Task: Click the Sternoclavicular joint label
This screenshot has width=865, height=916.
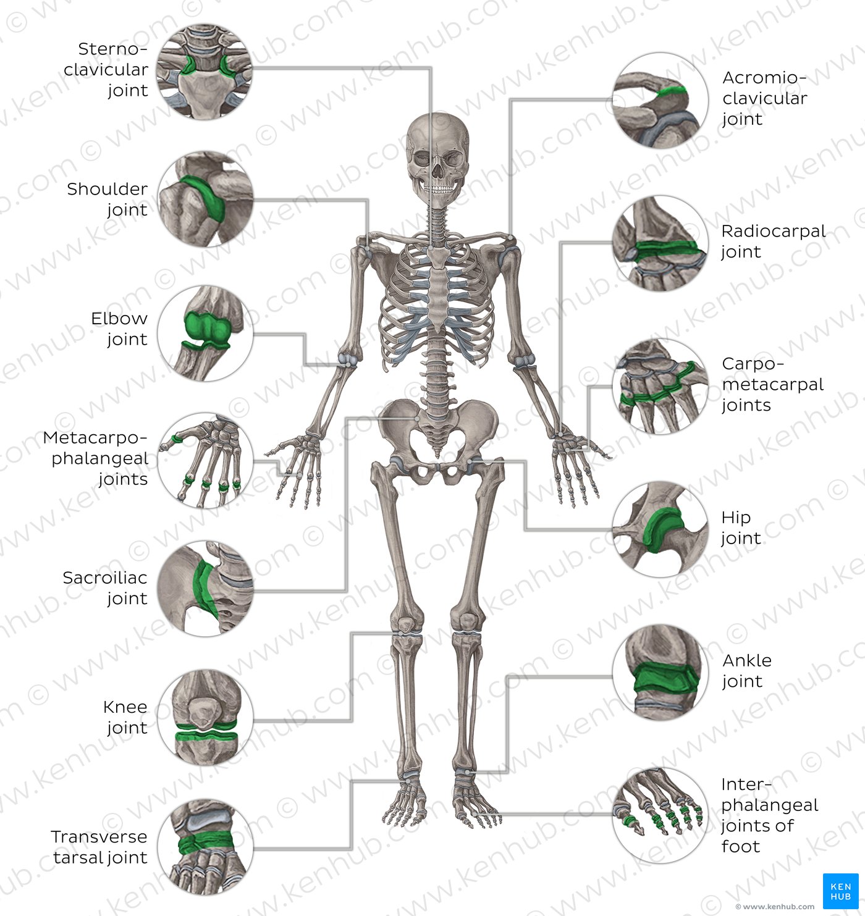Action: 106,70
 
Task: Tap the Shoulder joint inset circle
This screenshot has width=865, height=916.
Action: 205,199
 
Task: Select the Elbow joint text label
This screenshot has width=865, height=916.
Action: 119,329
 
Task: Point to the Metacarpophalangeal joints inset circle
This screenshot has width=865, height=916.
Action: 205,460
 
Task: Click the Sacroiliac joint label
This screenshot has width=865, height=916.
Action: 105,587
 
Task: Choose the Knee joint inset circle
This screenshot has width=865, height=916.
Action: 205,716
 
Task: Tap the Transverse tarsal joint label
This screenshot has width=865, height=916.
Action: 99,847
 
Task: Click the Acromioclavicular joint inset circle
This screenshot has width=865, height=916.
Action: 660,100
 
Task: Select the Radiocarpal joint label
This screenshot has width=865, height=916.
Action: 773,242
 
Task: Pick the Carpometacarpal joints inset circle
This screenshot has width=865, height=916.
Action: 660,386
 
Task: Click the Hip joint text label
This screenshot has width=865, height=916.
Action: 741,527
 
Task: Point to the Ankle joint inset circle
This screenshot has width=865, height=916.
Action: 660,673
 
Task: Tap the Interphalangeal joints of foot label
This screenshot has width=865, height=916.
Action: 769,815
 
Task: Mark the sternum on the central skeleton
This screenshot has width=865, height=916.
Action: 437,287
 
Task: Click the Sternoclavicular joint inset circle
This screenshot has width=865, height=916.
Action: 205,72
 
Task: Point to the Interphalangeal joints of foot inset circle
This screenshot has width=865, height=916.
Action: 660,815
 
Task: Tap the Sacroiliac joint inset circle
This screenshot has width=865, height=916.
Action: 205,589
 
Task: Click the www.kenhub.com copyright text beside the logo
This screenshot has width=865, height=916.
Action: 775,907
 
